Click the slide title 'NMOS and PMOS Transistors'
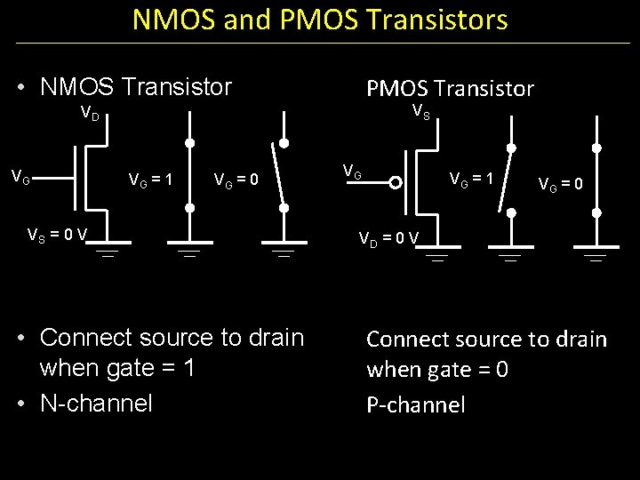320,20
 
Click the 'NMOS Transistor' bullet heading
135,87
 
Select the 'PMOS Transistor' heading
450,88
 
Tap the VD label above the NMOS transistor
91,114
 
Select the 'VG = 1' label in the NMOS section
150,180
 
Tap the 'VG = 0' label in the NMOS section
236,181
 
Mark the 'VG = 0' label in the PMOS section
560,185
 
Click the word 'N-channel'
96,404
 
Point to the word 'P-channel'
415,405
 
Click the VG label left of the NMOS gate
20,179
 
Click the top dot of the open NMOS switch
284,143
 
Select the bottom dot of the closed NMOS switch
189,207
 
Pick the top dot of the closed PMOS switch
596,148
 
